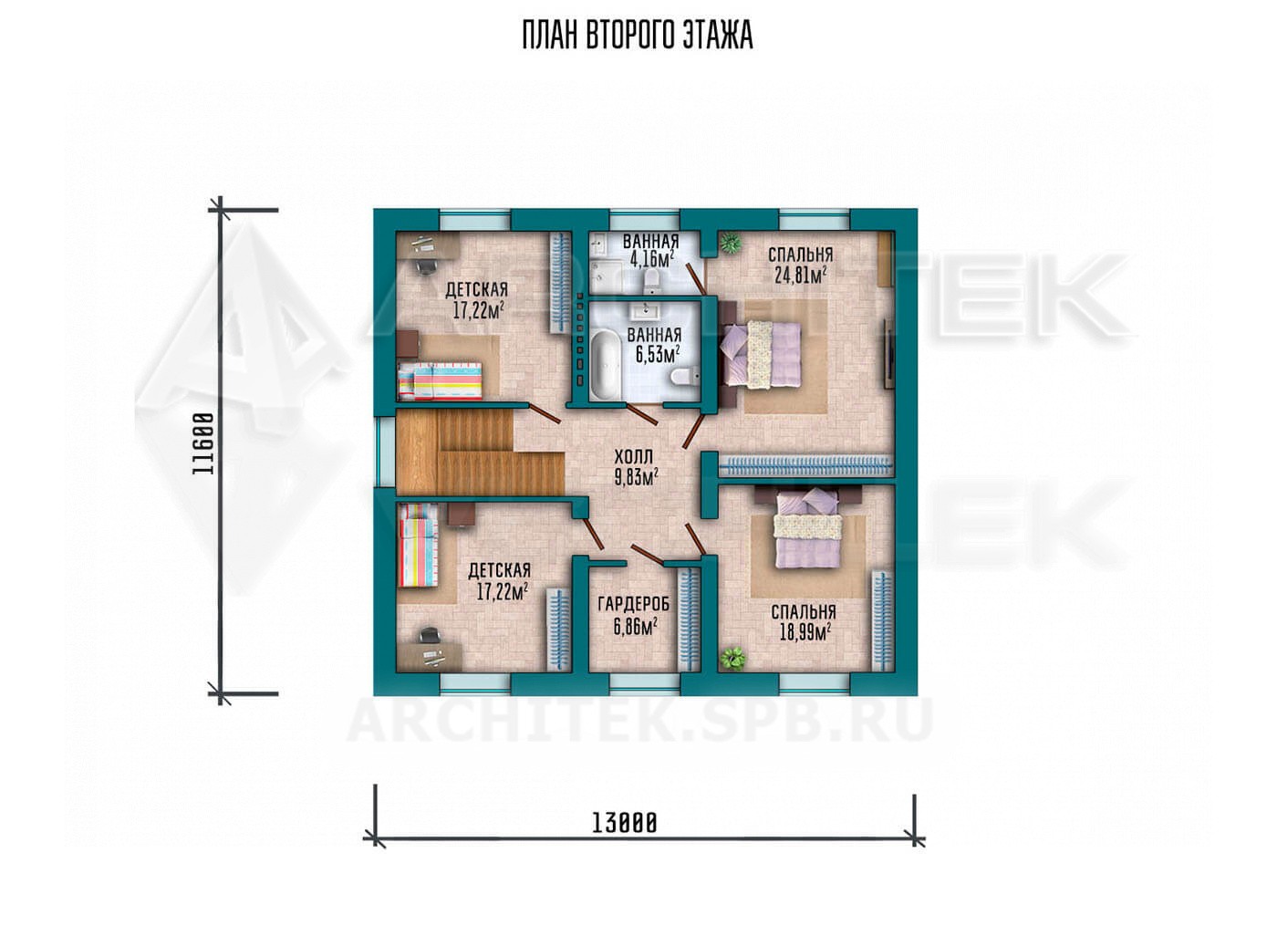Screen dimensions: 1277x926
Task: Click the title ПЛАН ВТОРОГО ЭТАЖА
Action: click(638, 36)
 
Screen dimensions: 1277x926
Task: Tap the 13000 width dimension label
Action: click(625, 823)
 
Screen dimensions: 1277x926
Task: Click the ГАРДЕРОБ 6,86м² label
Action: click(634, 616)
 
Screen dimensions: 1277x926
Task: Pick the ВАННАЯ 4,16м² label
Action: click(650, 251)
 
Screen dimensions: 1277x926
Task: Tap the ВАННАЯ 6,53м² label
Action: click(654, 346)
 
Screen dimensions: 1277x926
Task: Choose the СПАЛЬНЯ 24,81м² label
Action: click(801, 265)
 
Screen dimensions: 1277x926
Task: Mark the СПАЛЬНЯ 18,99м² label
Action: click(804, 622)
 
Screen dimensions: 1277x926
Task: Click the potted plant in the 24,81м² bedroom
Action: click(729, 243)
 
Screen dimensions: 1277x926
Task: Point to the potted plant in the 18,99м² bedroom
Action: click(732, 658)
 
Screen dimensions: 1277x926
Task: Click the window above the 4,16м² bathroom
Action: click(645, 220)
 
